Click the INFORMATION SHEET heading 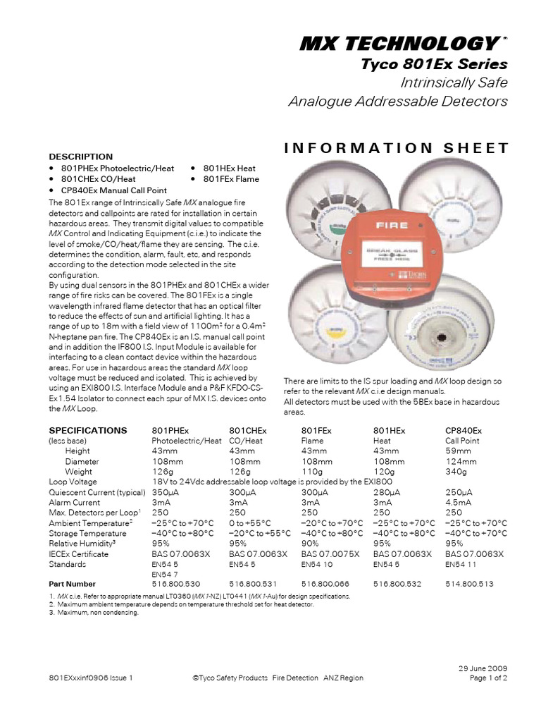(x=395, y=147)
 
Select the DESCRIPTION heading (x=80, y=157)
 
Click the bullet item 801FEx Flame (x=230, y=179)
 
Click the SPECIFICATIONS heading (x=88, y=430)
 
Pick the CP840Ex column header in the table (x=464, y=430)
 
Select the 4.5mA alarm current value (x=460, y=502)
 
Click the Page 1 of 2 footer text (x=488, y=678)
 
